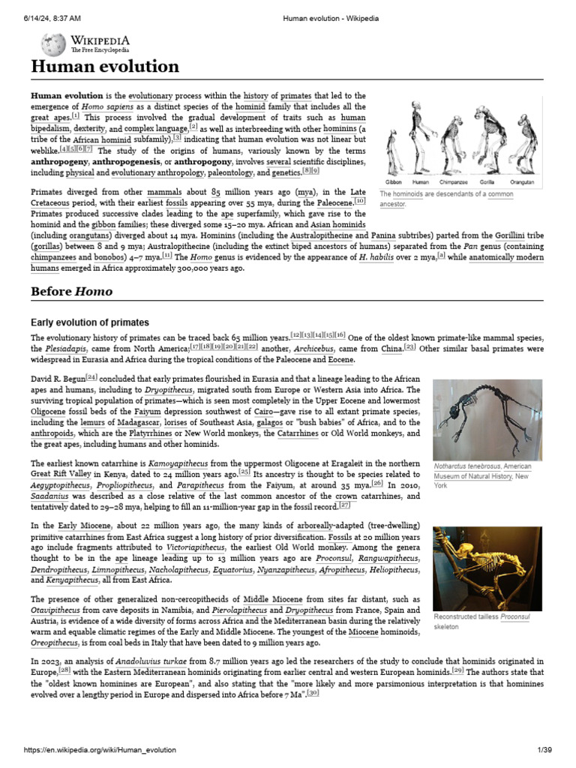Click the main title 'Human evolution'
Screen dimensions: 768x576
click(105, 67)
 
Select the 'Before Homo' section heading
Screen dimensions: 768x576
click(71, 291)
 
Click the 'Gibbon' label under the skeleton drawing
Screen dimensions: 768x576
click(393, 182)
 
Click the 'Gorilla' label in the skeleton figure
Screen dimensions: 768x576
click(487, 182)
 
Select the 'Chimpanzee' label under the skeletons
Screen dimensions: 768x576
click(453, 182)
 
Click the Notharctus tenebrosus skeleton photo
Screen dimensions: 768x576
click(487, 418)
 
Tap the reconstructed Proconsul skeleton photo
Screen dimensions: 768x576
click(487, 568)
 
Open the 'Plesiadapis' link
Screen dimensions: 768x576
click(66, 349)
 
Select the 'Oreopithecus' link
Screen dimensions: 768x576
click(54, 643)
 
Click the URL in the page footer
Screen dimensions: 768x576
click(101, 750)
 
